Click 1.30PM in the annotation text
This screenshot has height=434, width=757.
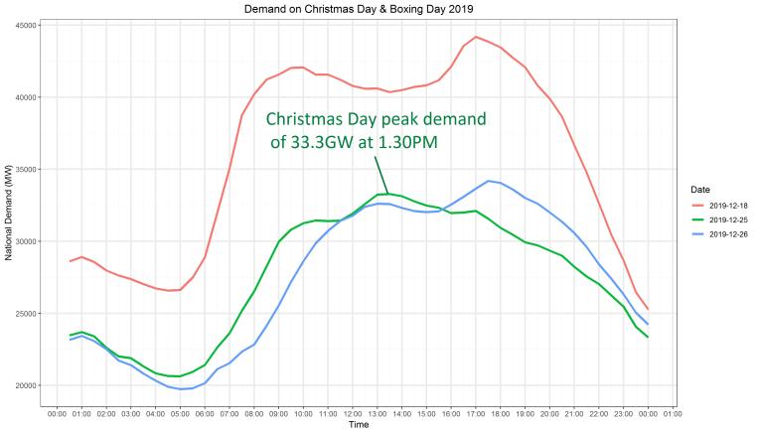(400, 144)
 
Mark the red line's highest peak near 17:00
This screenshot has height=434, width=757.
(476, 37)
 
